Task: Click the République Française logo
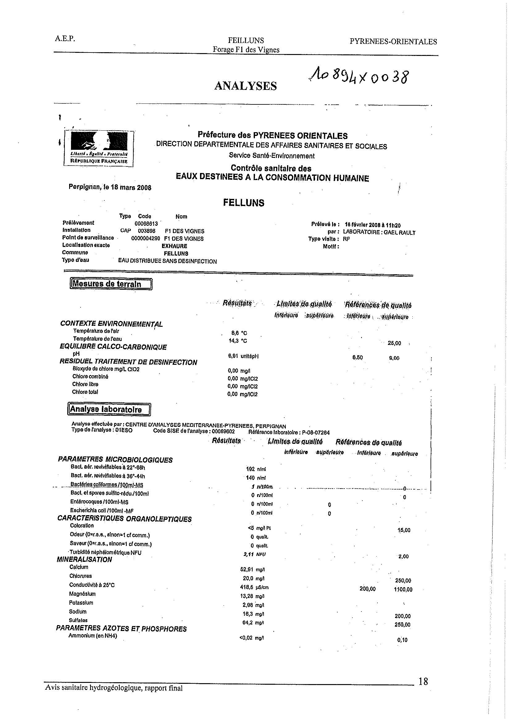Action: point(99,149)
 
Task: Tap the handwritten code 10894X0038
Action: point(358,76)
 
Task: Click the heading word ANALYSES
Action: point(245,86)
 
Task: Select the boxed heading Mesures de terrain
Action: point(110,284)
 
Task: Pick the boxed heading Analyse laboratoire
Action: point(109,409)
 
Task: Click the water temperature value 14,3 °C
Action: point(238,341)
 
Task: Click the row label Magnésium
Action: point(82,594)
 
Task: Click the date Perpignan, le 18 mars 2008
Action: point(110,187)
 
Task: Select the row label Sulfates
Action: point(78,620)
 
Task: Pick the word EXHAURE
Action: point(174,246)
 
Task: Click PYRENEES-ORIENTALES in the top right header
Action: point(393,42)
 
